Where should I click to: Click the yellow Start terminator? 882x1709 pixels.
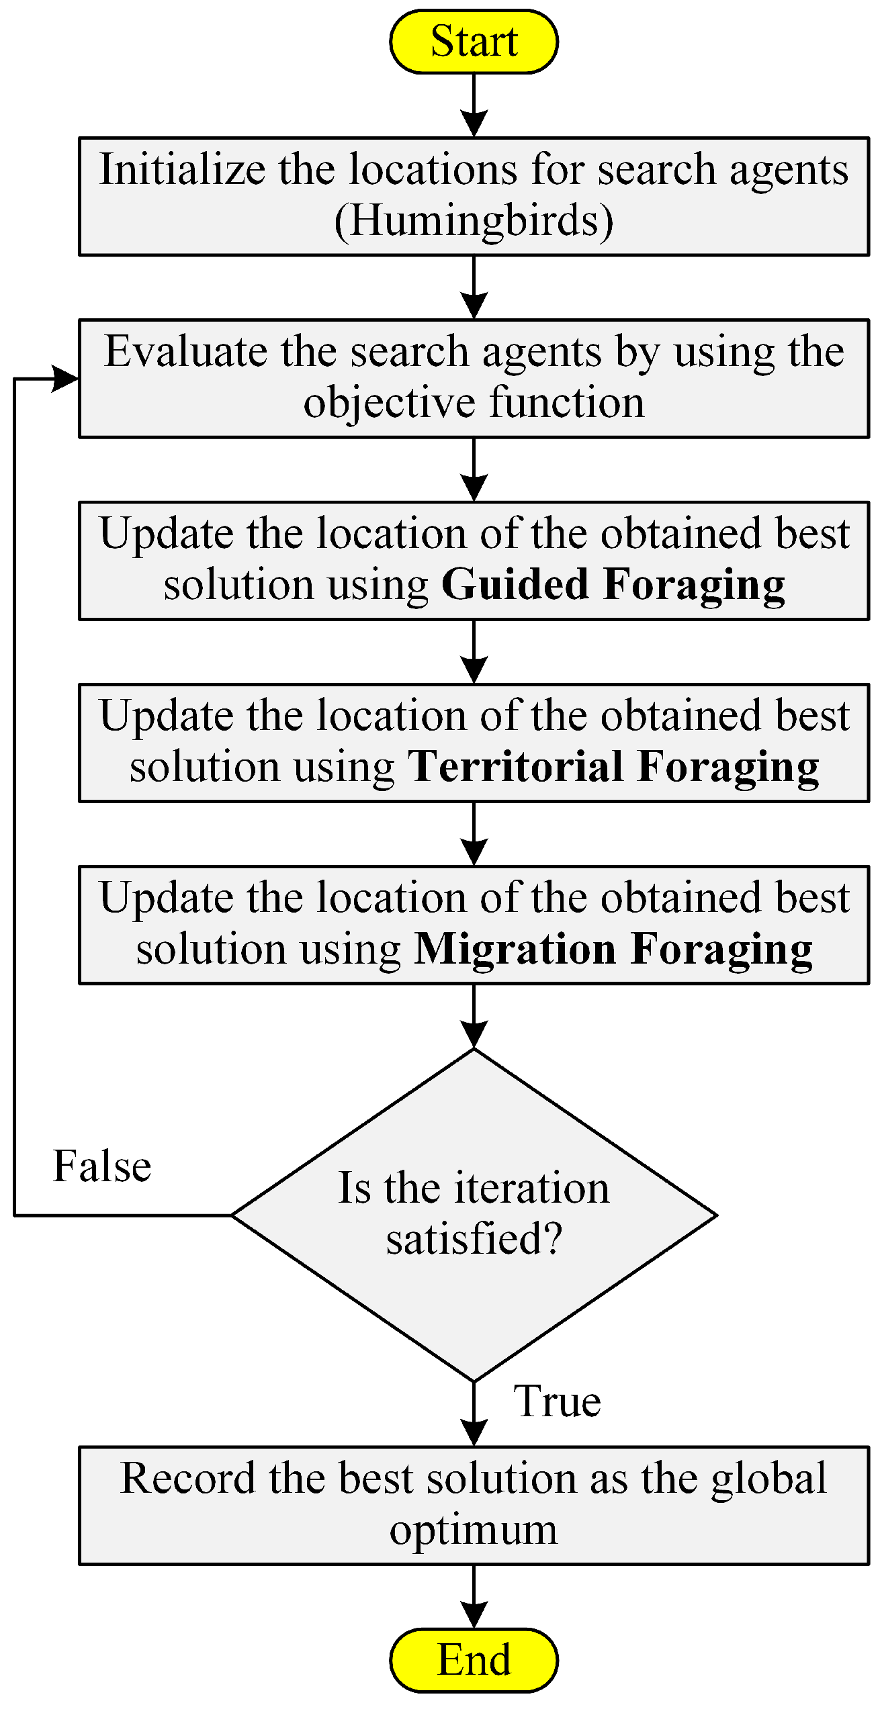474,42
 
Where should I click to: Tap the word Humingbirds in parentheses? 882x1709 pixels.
474,221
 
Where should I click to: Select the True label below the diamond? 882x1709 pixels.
557,1402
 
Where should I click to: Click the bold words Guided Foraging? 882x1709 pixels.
613,584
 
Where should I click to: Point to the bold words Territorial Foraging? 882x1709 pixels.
614,766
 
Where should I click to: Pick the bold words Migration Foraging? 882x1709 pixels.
613,949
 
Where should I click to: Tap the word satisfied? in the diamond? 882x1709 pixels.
474,1239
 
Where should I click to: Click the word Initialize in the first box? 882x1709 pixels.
183,169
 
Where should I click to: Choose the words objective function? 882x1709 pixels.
474,403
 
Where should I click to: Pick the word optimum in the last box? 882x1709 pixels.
474,1530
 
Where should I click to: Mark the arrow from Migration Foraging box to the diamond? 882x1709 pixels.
474,1017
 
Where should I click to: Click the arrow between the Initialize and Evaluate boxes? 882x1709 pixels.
474,288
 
